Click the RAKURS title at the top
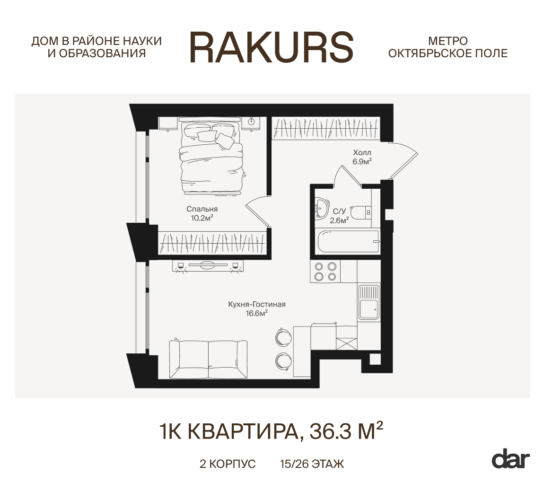point(272,47)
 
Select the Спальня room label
point(202,209)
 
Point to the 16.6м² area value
point(257,313)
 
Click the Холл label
point(362,152)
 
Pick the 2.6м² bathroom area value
point(339,220)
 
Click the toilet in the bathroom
point(361,212)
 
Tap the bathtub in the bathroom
point(349,241)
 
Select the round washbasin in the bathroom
point(322,208)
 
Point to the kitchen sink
point(369,302)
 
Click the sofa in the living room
point(208,359)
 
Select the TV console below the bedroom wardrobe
point(208,266)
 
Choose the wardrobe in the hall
point(326,128)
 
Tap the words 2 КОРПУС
point(228,464)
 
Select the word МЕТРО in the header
point(448,41)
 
